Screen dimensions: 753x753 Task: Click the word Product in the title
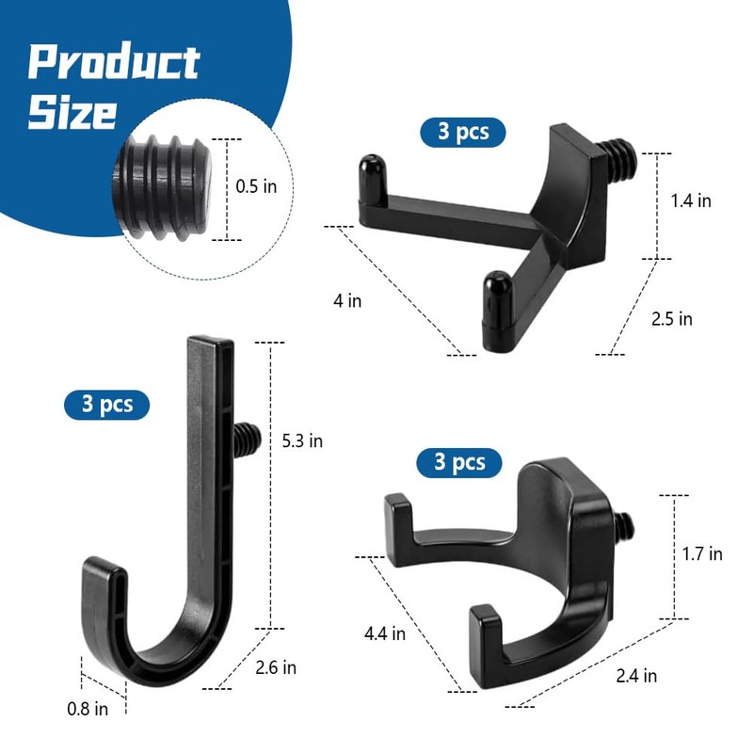pyautogui.click(x=114, y=61)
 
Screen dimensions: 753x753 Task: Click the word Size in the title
pyautogui.click(x=72, y=113)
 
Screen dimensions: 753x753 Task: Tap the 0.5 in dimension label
pyautogui.click(x=256, y=186)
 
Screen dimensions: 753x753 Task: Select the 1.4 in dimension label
pyautogui.click(x=691, y=200)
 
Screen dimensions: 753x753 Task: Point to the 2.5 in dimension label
pyautogui.click(x=672, y=319)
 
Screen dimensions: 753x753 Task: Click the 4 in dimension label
pyautogui.click(x=347, y=301)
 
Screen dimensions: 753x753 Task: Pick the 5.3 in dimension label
pyautogui.click(x=302, y=441)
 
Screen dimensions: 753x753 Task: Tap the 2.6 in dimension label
pyautogui.click(x=276, y=667)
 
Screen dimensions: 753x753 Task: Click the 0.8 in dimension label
pyautogui.click(x=88, y=709)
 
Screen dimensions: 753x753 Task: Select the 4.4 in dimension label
pyautogui.click(x=385, y=633)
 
